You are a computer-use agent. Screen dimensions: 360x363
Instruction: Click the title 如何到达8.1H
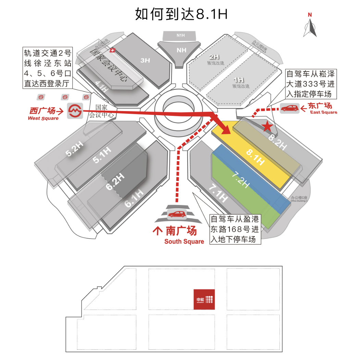pos(181,14)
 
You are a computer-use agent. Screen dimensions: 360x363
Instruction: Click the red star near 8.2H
pos(268,127)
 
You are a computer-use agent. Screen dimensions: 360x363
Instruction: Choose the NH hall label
pos(181,50)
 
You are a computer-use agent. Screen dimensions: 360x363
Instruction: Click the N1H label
pos(180,35)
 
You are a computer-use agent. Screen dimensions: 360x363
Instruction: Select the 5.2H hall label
pos(75,148)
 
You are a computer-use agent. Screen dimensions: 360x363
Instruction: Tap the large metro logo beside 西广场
pos(75,110)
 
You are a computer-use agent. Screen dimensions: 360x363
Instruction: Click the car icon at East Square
pos(289,109)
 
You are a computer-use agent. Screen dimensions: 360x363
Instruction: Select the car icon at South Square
pos(177,214)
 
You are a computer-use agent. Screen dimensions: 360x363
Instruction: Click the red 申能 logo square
pos(204,299)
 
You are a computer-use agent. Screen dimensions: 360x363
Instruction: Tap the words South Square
pos(184,241)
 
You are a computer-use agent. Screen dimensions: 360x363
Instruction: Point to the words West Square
pos(43,118)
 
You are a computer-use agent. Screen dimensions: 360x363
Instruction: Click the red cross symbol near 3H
pos(112,51)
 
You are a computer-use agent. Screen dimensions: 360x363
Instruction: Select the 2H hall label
pos(214,57)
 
